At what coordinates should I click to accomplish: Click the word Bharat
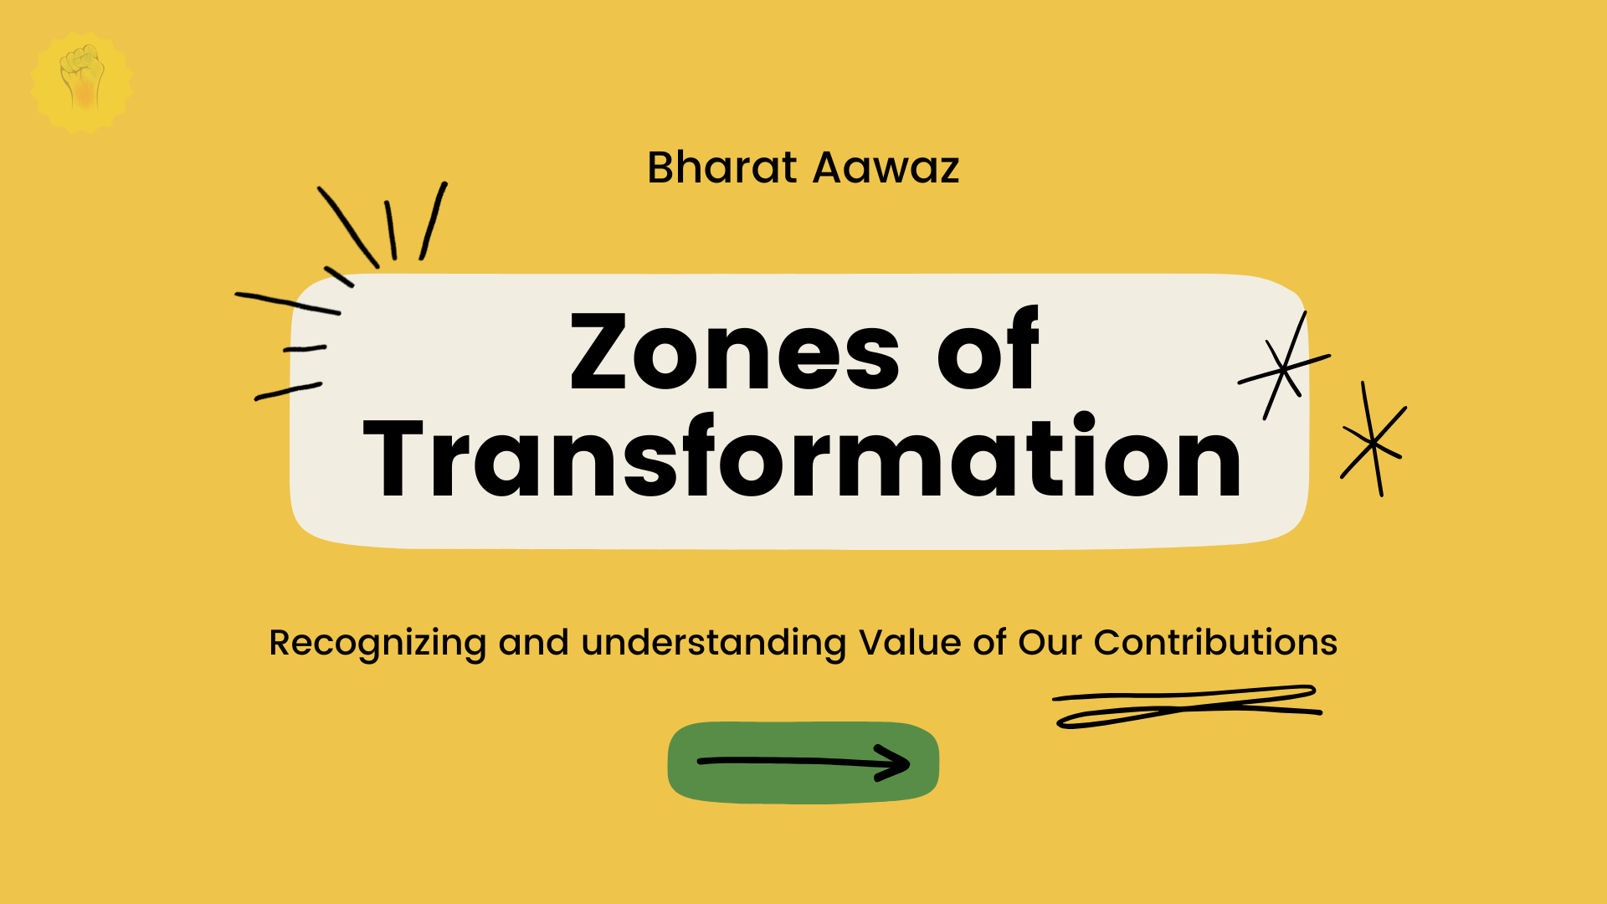pos(721,167)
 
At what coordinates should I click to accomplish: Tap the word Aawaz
pos(886,167)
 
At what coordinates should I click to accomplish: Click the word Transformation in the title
pos(803,457)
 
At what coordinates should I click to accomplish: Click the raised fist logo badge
pos(82,82)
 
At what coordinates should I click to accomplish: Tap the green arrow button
pos(803,763)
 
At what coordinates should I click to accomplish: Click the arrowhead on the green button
pos(894,763)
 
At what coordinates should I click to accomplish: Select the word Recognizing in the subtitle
pos(377,644)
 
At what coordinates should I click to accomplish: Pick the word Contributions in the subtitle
pos(1215,642)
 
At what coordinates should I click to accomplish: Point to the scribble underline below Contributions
pos(1187,707)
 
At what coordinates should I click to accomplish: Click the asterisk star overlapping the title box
pos(1283,367)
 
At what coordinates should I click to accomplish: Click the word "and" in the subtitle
pos(534,642)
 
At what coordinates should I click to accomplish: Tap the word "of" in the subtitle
pos(989,642)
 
